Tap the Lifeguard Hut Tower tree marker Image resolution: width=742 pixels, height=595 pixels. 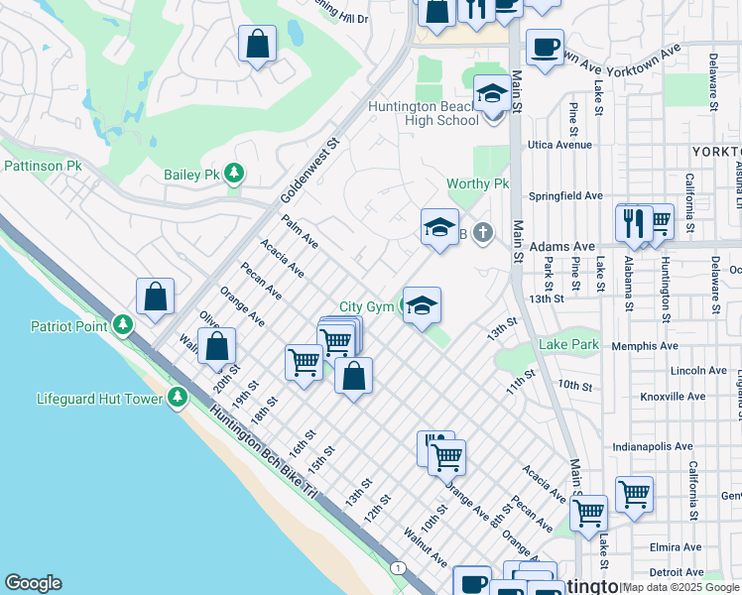coord(178,398)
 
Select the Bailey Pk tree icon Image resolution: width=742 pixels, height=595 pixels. coord(234,175)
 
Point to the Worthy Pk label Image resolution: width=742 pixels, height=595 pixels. coord(477,184)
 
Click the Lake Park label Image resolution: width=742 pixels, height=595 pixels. coord(568,344)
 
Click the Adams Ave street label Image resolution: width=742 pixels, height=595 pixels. coord(561,246)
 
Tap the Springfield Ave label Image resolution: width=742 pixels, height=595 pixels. coord(565,196)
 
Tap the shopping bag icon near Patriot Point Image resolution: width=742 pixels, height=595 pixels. coord(156,297)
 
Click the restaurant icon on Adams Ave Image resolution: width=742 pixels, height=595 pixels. coord(633,223)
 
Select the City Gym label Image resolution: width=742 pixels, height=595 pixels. coord(367,307)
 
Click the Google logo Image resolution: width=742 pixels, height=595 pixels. coord(33,583)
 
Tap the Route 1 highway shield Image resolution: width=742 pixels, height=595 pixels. coord(398,567)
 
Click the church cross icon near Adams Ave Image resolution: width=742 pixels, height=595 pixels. coord(482,234)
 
